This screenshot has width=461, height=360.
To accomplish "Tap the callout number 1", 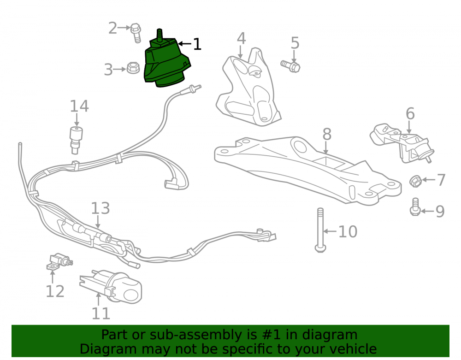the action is click(197, 44).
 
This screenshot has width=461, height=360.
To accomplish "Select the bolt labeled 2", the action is click(136, 33).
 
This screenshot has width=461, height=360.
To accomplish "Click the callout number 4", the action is click(241, 39).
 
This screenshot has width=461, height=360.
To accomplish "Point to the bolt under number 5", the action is click(290, 66).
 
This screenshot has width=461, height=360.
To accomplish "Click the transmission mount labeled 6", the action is click(402, 143).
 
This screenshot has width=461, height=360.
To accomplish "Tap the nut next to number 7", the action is click(415, 181).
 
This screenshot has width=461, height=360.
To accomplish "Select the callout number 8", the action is click(327, 134).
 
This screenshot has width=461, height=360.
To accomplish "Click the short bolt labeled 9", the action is click(415, 207).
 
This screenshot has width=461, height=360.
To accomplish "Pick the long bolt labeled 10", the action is click(320, 230).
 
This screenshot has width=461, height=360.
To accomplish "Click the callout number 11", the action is click(101, 313).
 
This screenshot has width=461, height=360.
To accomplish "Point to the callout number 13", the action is click(100, 208).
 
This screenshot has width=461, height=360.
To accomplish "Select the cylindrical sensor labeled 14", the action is click(76, 140).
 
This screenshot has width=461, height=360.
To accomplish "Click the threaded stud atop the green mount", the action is click(160, 35).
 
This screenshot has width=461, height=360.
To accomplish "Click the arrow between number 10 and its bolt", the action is click(330, 231).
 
